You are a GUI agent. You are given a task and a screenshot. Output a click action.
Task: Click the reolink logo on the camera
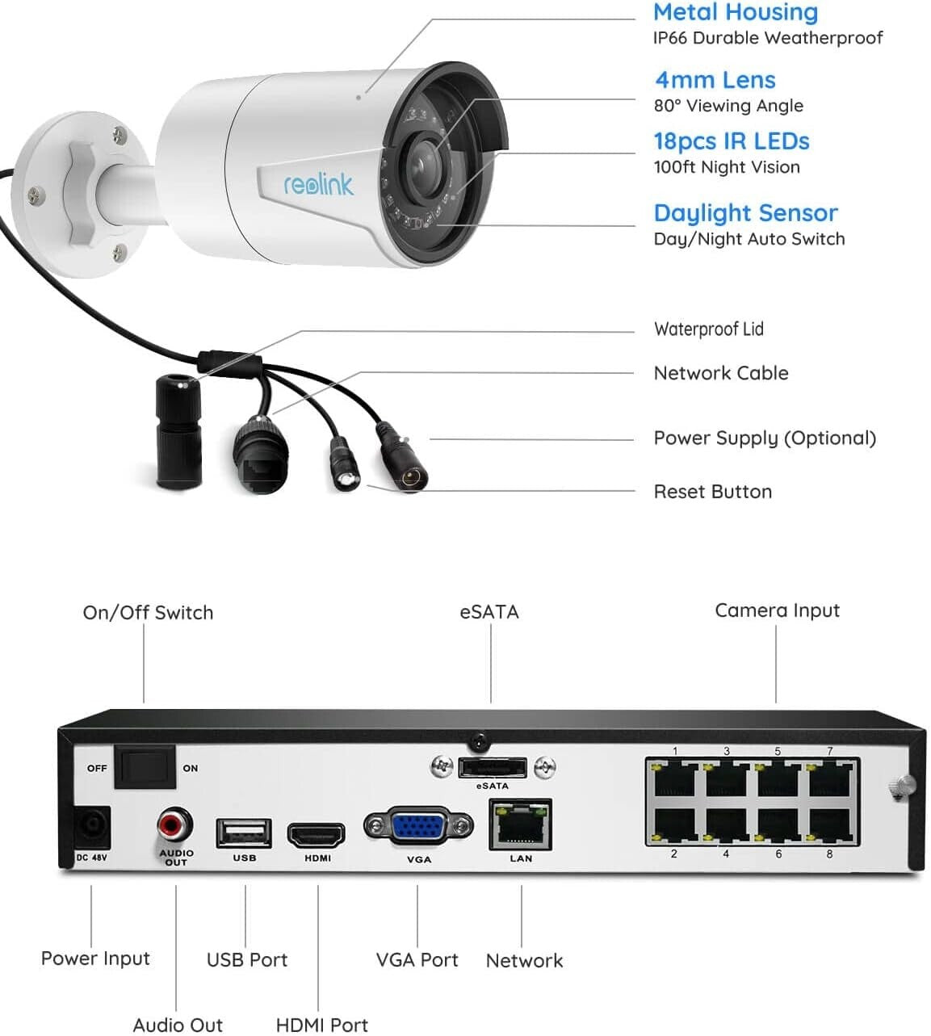318,185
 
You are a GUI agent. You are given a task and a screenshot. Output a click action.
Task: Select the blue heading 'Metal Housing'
735,12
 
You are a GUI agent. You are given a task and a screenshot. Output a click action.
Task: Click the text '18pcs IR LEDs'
731,141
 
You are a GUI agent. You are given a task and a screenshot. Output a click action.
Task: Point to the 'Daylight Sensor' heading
745,213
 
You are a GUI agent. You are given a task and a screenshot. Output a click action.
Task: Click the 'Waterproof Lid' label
708,329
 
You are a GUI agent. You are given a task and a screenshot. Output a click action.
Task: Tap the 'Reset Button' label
712,492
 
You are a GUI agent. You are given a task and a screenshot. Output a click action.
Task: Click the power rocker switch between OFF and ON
145,767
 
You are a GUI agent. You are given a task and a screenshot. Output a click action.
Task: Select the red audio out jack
174,825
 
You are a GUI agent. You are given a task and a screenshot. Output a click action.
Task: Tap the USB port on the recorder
244,833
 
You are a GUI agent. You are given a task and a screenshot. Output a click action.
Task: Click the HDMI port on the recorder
317,835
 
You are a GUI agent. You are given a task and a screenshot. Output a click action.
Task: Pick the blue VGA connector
418,827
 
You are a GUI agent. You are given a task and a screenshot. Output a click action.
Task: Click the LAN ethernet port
521,825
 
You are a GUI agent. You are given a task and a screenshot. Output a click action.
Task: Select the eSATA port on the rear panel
492,767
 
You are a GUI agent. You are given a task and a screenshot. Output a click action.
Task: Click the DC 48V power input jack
92,828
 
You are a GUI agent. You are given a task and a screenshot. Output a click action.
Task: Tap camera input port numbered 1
675,779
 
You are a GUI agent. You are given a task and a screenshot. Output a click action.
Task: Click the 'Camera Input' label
777,610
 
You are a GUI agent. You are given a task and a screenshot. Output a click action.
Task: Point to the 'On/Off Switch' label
148,613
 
